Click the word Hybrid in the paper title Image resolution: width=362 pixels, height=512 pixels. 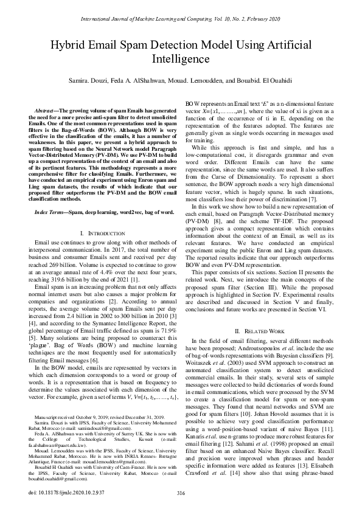click(x=70, y=46)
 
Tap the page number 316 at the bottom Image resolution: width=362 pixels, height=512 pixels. click(x=181, y=492)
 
